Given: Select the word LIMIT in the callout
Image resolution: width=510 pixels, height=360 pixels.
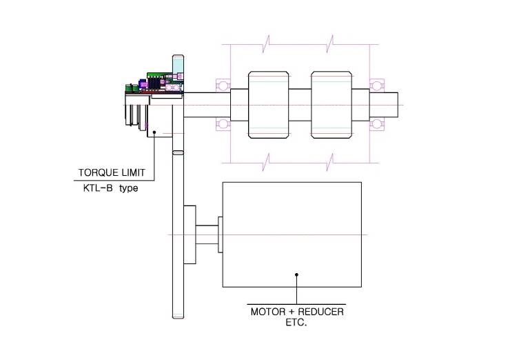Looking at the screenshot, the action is point(133,172).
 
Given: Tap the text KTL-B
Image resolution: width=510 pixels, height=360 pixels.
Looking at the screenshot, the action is point(98,188).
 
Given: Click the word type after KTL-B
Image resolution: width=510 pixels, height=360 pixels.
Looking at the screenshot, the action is point(128,188).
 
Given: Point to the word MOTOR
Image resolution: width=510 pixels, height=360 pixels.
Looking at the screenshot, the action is point(268,312).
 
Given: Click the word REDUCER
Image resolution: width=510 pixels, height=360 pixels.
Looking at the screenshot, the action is point(320,312).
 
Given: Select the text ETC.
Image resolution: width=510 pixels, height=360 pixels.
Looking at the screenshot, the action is point(296,323).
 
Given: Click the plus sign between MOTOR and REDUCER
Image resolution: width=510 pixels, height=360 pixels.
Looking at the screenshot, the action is point(292,312).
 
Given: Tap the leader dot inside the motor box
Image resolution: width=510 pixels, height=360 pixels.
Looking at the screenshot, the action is point(296,274).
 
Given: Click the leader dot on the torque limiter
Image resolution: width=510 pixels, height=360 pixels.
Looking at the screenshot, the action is point(154,132).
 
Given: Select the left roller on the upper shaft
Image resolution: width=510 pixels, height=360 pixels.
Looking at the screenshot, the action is point(268,105).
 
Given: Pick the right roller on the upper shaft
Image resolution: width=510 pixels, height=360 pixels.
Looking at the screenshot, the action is point(331,105).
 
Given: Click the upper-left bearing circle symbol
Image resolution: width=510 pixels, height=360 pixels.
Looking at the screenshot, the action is point(223,86).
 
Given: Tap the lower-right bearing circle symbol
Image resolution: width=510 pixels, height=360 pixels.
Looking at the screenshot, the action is point(377,124).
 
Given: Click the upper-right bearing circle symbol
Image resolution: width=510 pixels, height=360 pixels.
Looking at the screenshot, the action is point(377,86).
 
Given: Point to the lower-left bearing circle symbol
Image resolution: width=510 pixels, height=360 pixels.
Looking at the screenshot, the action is point(223,124).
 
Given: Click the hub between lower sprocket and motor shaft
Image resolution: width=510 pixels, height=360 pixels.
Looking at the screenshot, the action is point(190,234).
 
